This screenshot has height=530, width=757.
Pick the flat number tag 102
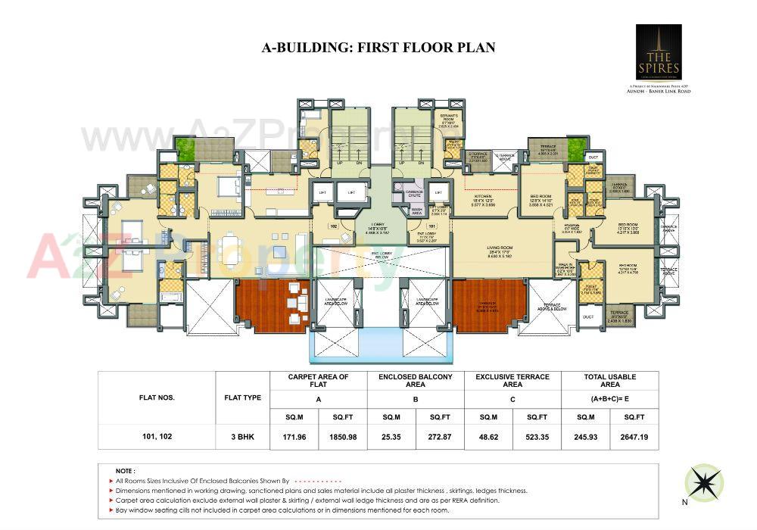pyautogui.click(x=332, y=226)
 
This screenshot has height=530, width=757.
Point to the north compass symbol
pyautogui.click(x=703, y=482)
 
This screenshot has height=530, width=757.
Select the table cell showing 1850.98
pyautogui.click(x=342, y=437)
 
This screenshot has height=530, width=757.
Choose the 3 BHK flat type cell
pyautogui.click(x=242, y=437)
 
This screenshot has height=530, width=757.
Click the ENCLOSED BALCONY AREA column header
pyautogui.click(x=415, y=380)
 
